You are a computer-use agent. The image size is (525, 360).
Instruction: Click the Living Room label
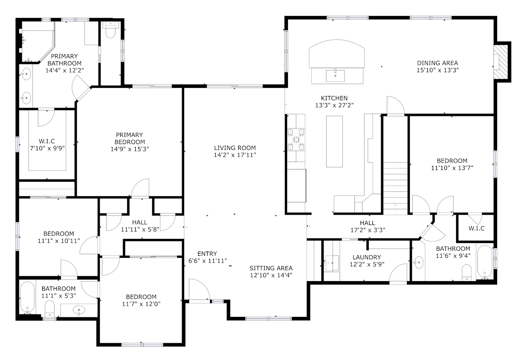pos(235,148)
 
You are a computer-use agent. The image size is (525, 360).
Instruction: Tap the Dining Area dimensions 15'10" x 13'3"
pos(437,70)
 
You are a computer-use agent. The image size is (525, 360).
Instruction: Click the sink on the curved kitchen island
pos(335,76)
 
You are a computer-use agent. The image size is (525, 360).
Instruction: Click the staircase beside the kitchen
pos(395,185)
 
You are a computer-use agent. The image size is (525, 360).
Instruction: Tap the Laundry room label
pos(367,257)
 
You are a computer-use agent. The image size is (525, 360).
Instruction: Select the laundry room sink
pos(332,261)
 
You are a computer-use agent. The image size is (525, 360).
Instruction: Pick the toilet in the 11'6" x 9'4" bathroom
pos(467,273)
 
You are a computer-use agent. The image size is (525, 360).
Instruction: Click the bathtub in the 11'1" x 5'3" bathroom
pos(27,297)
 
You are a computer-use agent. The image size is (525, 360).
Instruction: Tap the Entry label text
pos(207,254)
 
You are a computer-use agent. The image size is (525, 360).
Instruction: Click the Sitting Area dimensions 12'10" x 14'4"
pos(271,275)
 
